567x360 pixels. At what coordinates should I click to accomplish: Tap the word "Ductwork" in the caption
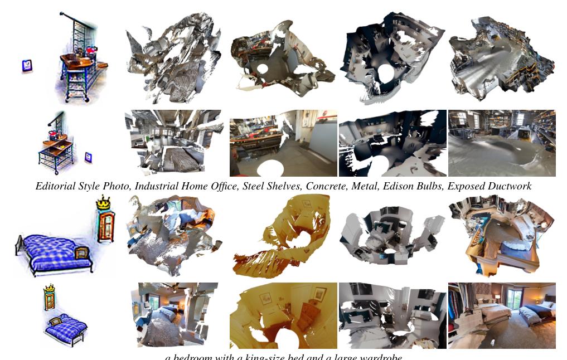507,186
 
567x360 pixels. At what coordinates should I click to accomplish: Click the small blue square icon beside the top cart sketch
27,66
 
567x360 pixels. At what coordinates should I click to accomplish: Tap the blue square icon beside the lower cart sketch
88,157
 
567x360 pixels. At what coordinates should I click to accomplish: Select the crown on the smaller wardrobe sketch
50,289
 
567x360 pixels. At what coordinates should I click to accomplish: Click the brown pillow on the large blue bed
82,251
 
